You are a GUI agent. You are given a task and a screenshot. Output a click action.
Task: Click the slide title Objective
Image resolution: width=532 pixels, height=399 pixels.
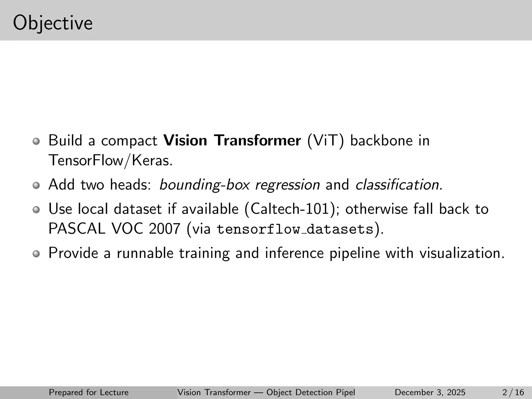53,23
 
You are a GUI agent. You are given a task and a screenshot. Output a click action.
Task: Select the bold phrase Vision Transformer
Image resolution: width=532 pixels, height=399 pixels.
232,141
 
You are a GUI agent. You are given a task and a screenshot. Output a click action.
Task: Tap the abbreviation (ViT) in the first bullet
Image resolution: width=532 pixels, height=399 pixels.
325,141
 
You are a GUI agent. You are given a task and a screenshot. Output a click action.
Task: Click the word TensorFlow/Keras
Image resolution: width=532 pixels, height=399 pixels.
110,161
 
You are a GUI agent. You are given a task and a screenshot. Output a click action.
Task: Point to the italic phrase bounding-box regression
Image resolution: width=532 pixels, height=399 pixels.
239,185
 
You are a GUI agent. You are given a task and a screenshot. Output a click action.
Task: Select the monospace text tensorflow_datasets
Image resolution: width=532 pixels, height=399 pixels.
295,229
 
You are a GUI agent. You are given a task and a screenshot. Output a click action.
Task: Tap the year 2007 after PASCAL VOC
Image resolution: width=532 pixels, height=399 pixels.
165,229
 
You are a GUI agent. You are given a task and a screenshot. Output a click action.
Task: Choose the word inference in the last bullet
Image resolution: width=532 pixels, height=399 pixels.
294,253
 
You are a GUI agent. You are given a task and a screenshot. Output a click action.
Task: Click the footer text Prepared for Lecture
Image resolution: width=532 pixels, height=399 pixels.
89,392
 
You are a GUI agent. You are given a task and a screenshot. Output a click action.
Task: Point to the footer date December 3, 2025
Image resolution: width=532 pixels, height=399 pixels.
430,392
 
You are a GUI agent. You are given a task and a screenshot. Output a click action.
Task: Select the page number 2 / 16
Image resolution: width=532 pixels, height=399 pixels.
513,392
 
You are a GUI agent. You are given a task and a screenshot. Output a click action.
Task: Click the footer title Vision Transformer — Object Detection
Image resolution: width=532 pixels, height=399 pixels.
266,392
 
